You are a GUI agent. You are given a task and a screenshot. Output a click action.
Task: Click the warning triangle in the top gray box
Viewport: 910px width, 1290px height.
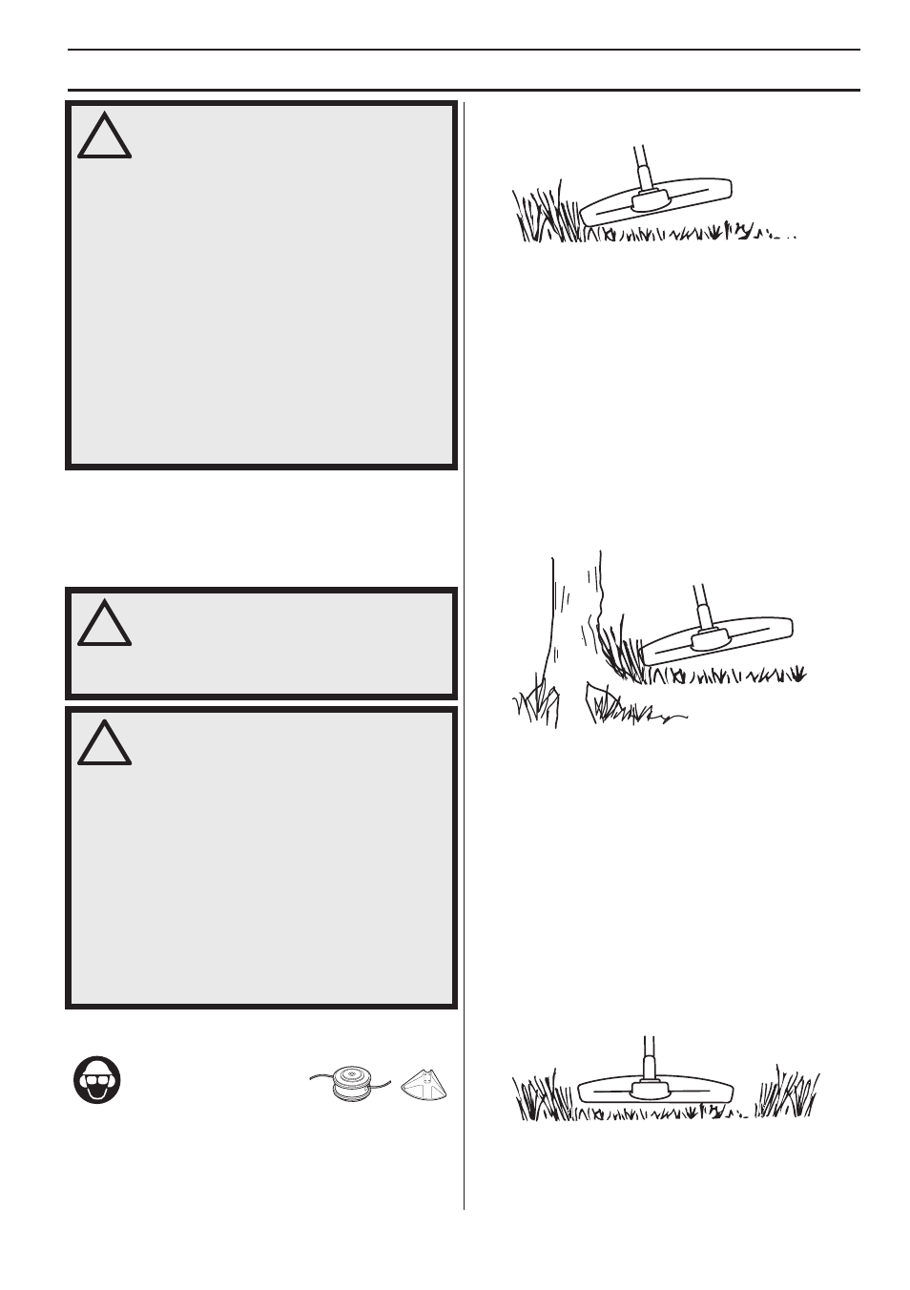pyautogui.click(x=104, y=138)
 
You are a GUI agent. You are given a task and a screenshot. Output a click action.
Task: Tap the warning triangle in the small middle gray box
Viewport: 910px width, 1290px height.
pyautogui.click(x=104, y=624)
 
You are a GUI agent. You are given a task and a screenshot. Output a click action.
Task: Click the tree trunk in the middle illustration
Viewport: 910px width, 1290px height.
pyautogui.click(x=572, y=620)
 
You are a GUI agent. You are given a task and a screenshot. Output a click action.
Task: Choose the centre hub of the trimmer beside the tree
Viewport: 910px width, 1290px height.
pyautogui.click(x=709, y=639)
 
